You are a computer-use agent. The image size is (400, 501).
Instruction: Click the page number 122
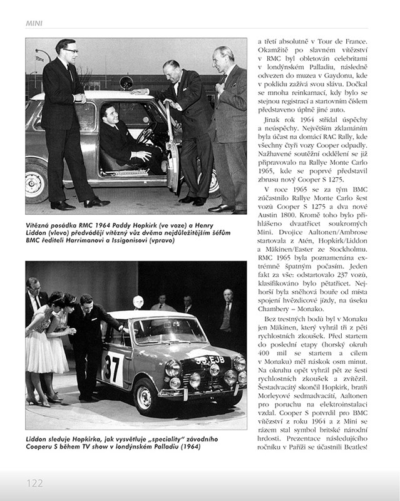tap(34, 483)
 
